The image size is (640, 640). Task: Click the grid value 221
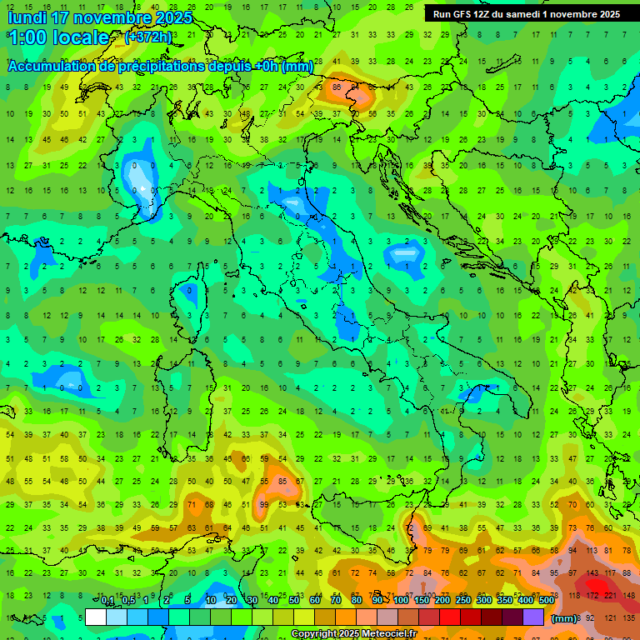click(x=610, y=595)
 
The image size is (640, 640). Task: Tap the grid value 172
click(x=592, y=595)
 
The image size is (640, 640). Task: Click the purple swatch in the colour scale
click(x=533, y=617)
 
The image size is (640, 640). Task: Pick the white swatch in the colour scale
click(x=96, y=617)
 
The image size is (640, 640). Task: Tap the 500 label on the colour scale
click(x=547, y=601)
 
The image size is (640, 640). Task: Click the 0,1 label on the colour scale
click(x=107, y=601)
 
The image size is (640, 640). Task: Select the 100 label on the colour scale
click(x=401, y=601)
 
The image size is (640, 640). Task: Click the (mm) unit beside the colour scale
click(x=564, y=618)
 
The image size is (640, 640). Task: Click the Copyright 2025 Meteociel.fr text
click(x=354, y=633)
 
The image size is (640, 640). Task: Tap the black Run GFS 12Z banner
click(x=527, y=13)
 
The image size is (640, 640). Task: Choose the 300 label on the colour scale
click(x=484, y=601)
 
